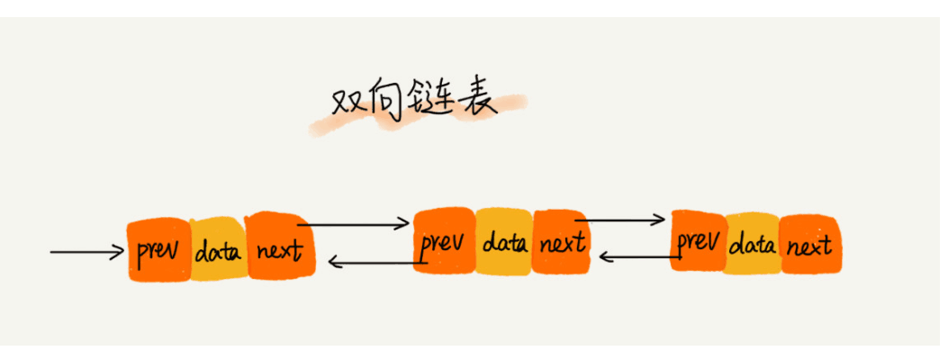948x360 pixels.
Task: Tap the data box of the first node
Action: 218,249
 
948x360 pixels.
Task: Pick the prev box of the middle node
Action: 444,241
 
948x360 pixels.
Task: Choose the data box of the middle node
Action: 503,241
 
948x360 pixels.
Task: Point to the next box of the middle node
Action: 561,241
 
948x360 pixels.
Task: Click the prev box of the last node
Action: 699,241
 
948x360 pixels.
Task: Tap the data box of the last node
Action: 752,243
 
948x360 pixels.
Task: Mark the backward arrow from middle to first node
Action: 374,263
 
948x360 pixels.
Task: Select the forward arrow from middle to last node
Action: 620,219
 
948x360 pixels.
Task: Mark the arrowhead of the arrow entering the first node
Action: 119,252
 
